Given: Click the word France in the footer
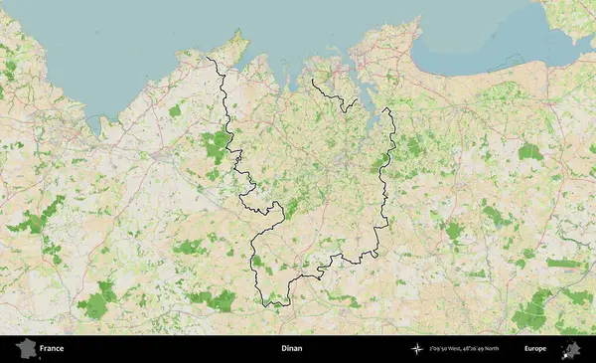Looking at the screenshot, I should coord(52,349).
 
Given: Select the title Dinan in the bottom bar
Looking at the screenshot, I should coord(292,349).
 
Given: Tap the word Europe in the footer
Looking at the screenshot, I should coord(535,349).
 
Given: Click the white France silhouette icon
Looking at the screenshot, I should coord(26,348).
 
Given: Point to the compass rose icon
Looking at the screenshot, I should coord(417,349).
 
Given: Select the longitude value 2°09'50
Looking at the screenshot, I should coord(440,349).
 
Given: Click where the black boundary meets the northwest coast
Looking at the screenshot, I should coord(207,59).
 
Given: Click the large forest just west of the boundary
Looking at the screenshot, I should coord(216,145).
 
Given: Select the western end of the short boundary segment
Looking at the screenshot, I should coord(312,80).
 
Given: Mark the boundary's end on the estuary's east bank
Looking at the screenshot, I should coord(384,108).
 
